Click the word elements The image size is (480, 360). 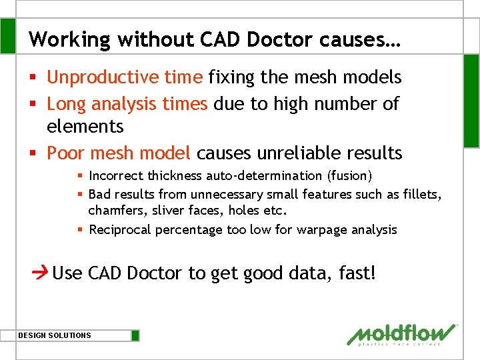[x=85, y=126]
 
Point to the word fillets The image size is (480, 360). [x=423, y=194]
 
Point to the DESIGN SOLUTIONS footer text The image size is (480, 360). [x=55, y=335]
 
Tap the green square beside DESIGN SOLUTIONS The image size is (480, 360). [x=135, y=335]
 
